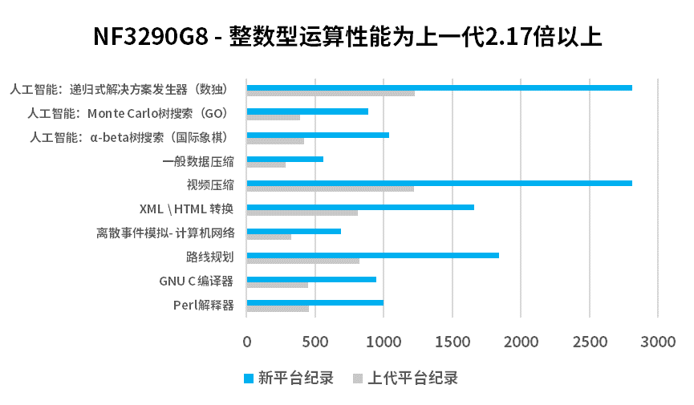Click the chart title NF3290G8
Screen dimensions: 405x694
click(347, 37)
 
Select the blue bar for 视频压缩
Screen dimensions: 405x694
click(439, 184)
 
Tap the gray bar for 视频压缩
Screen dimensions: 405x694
click(330, 189)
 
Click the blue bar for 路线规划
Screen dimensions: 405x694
click(372, 255)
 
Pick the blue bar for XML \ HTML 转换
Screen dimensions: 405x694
click(360, 207)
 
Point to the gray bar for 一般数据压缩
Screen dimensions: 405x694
click(266, 165)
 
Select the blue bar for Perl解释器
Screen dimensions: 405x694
click(315, 303)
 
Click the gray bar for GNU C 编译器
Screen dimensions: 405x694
click(277, 285)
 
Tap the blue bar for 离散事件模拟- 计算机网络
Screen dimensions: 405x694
click(294, 231)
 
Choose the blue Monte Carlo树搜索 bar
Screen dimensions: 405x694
click(307, 111)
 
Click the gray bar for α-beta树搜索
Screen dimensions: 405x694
click(275, 141)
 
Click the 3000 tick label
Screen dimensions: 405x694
click(657, 341)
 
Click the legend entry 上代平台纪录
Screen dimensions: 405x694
click(404, 378)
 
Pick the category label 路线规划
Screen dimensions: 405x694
click(210, 257)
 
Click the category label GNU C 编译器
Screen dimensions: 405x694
click(197, 281)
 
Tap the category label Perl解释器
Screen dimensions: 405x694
click(204, 305)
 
